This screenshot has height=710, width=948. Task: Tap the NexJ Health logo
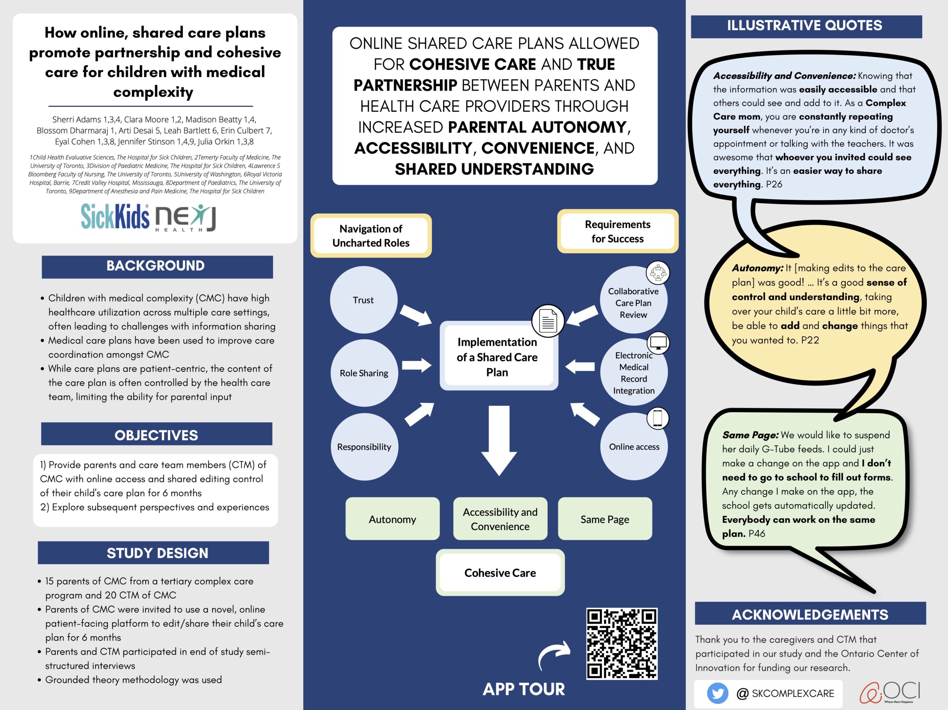(x=185, y=218)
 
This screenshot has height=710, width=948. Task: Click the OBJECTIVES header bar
(x=156, y=434)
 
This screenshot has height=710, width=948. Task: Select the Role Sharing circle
(x=364, y=373)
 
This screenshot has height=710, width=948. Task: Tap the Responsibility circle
(x=364, y=447)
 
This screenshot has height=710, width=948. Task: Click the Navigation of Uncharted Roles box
(x=371, y=236)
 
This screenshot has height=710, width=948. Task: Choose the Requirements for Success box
(x=618, y=231)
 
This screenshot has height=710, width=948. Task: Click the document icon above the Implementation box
(x=548, y=321)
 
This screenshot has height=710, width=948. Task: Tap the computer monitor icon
(x=658, y=343)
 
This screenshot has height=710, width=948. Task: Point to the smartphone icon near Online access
(x=657, y=418)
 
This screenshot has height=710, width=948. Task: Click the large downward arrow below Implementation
(x=499, y=440)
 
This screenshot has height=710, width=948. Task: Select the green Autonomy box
(x=393, y=519)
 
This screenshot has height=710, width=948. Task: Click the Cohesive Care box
(x=500, y=572)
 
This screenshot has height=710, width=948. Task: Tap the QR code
(x=622, y=644)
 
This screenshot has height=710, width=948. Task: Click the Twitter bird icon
(x=717, y=693)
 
